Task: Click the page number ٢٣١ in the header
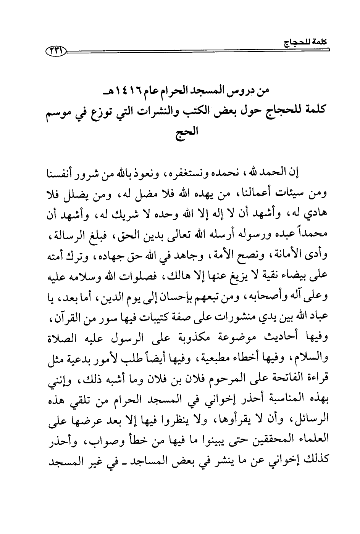[55, 50]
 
